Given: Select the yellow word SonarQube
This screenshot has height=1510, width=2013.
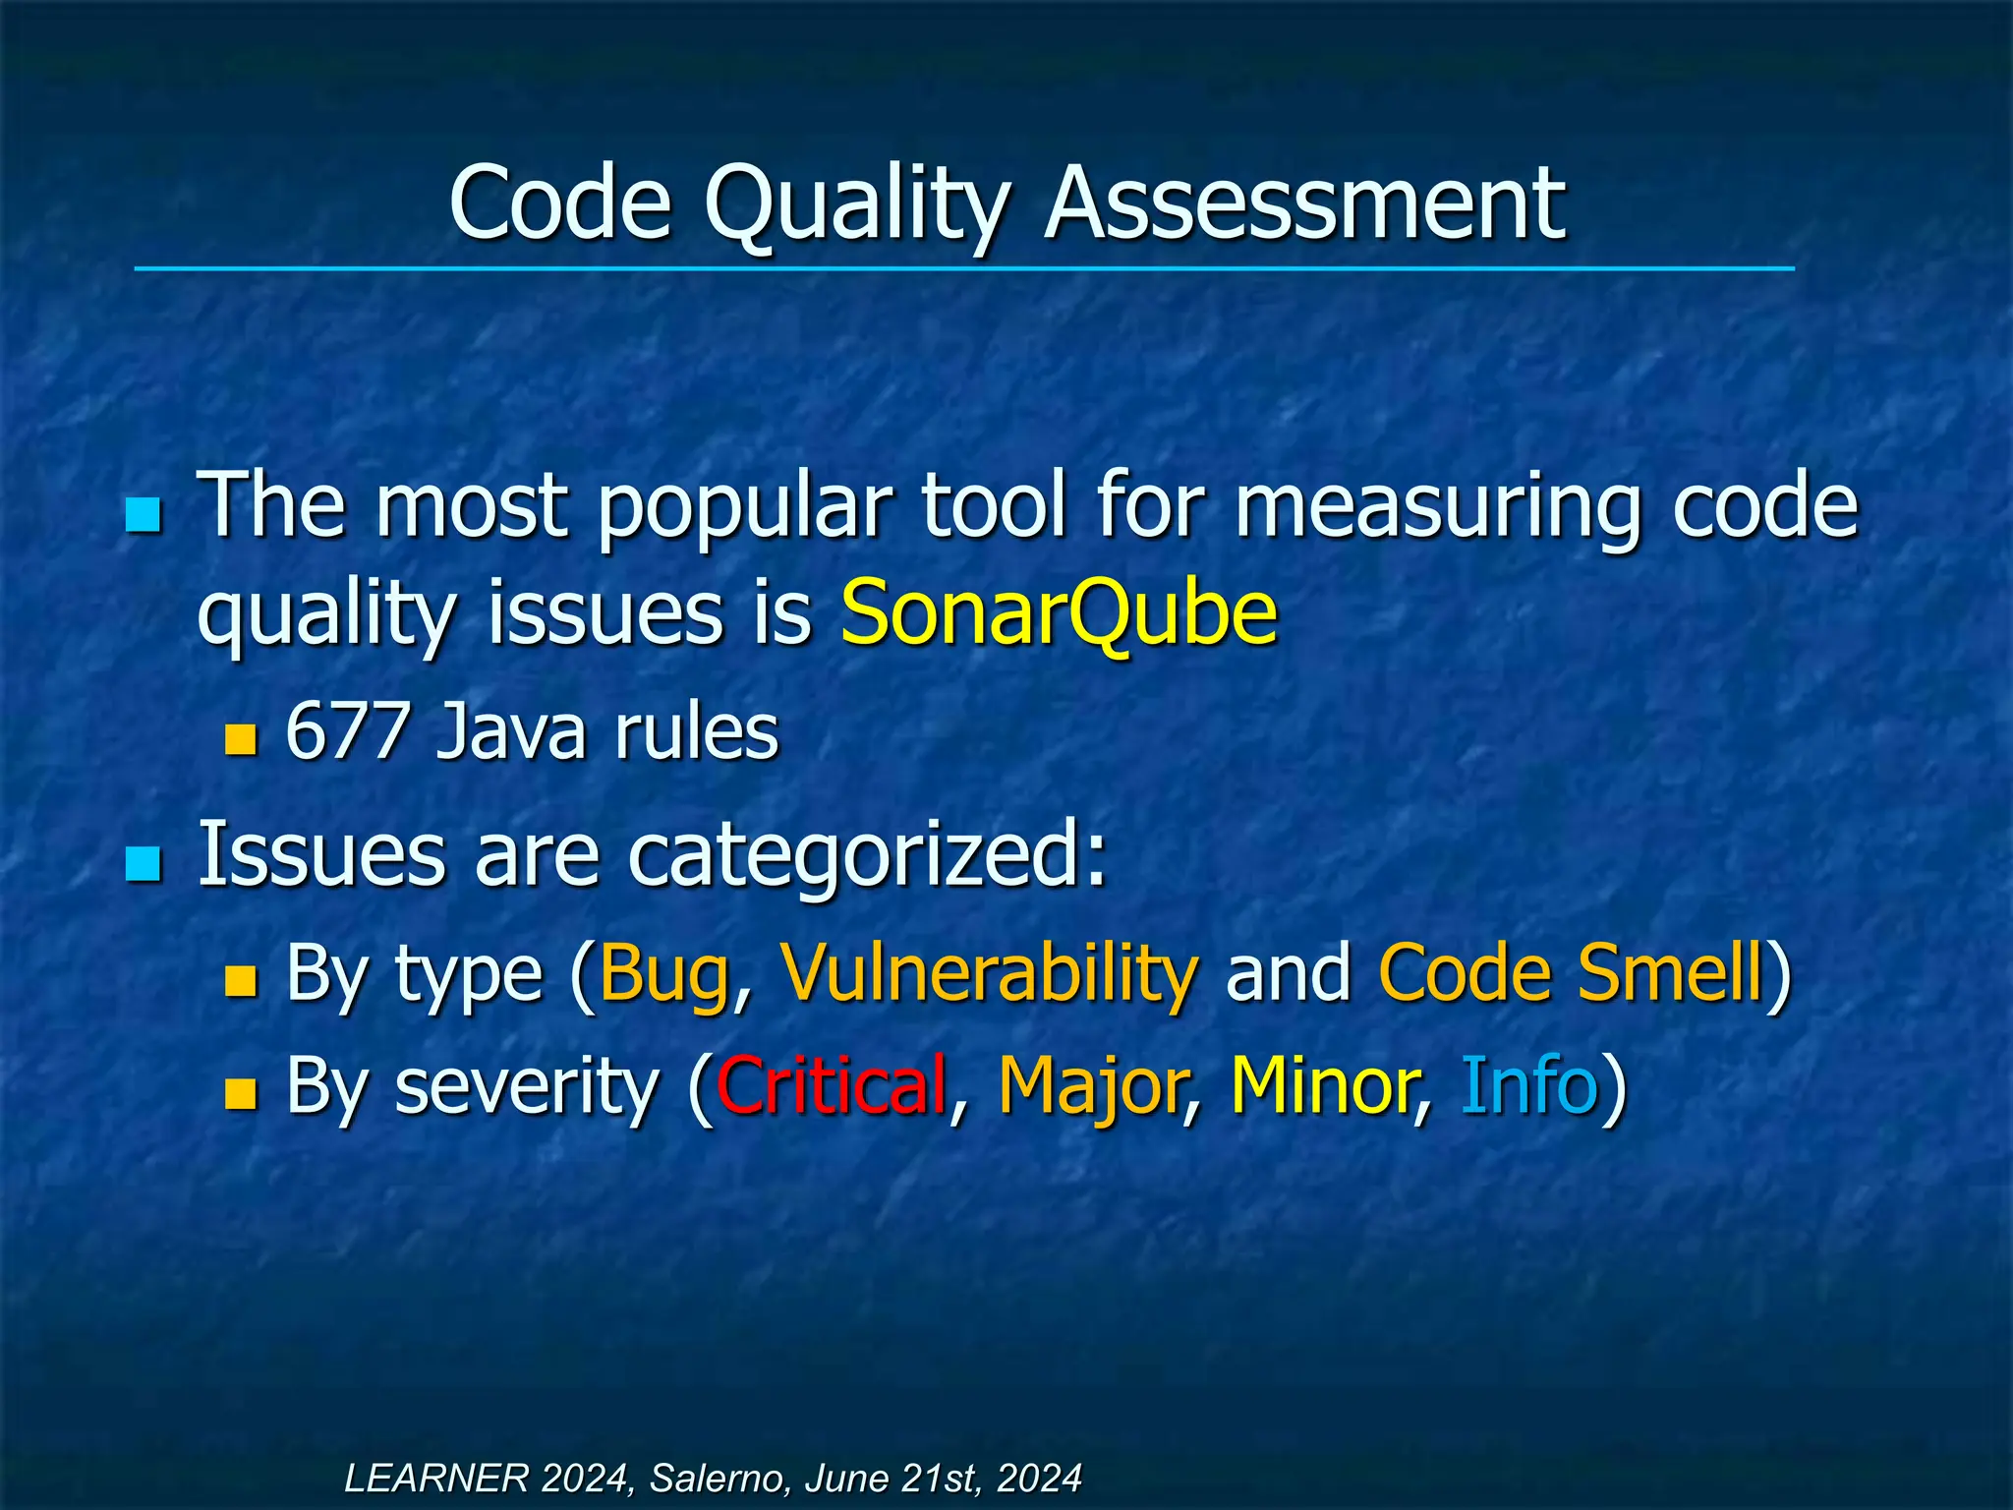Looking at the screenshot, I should (x=1059, y=612).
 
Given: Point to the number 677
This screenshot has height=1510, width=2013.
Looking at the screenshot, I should (x=347, y=731).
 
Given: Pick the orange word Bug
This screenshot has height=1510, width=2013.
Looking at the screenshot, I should (x=664, y=973).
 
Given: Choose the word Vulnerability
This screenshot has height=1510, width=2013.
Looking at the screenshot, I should (x=989, y=973).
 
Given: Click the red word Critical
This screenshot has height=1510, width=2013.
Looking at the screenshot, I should (x=832, y=1085).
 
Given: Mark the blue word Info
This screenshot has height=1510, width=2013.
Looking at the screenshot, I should (x=1528, y=1085).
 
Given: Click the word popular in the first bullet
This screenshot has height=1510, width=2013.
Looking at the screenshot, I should (x=745, y=507).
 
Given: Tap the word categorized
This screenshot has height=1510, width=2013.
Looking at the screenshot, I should (x=867, y=853).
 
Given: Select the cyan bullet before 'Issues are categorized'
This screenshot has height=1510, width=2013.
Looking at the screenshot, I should (x=144, y=864).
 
